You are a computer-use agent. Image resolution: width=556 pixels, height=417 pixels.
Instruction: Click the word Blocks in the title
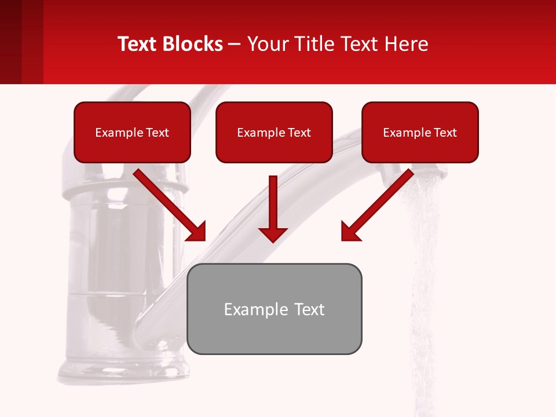coord(195,44)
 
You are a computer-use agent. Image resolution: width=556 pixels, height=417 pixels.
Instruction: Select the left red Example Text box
coord(132,132)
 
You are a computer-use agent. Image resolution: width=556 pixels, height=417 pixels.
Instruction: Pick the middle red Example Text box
coord(274,132)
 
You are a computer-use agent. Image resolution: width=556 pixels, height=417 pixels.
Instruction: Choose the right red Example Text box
coord(420,132)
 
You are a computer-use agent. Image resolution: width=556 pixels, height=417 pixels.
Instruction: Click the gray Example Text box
coord(275,309)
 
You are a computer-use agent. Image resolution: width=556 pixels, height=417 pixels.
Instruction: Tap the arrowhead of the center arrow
coord(273,234)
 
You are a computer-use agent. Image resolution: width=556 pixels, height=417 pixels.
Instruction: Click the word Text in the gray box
coord(306,309)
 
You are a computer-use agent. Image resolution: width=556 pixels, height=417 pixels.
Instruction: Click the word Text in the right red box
coord(445,133)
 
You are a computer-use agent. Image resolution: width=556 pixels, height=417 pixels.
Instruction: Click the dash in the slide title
coord(235,44)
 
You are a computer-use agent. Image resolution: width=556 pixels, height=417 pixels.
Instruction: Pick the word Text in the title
coord(139,44)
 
